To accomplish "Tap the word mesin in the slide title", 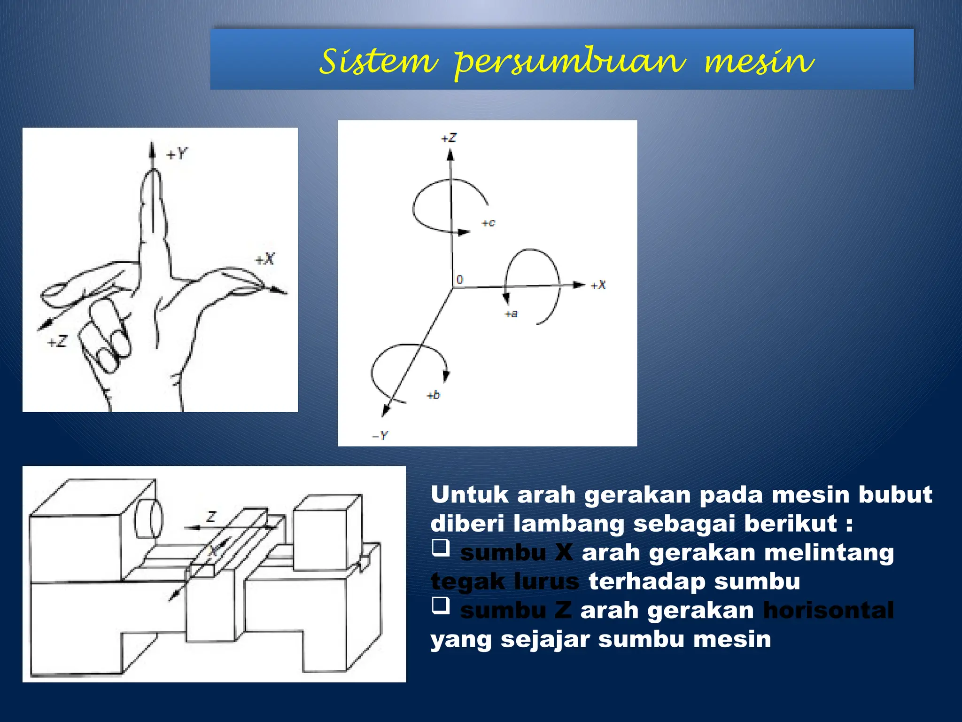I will click(759, 62).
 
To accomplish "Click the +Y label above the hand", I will click(177, 154).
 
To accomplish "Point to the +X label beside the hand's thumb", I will click(265, 259).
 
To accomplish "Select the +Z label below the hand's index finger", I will click(57, 342).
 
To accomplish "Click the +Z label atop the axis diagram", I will click(449, 138).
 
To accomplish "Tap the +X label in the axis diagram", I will click(598, 285).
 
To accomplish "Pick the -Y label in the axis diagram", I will click(380, 436).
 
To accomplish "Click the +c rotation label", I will click(489, 223).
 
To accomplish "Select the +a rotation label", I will click(511, 314).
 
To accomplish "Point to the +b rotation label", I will click(433, 395).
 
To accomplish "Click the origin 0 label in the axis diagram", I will click(460, 279).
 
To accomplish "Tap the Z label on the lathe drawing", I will click(211, 517).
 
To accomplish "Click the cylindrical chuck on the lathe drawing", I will click(149, 519).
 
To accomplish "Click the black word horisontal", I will click(828, 611).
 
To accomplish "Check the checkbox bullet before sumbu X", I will click(441, 548).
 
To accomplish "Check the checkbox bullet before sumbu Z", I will click(441, 605).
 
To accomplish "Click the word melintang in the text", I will click(829, 553).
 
